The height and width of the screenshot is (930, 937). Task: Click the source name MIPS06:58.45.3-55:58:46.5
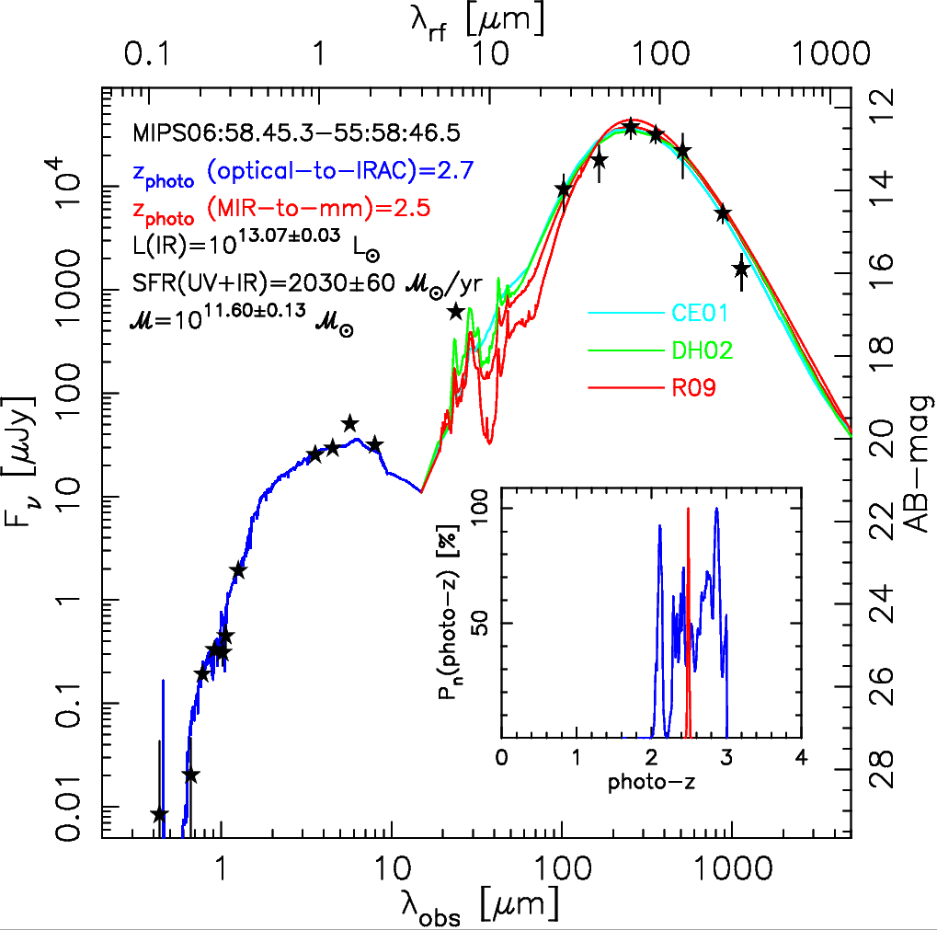click(295, 130)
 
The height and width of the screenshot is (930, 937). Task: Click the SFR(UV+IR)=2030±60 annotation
click(302, 285)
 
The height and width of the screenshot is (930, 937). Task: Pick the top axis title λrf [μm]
click(476, 18)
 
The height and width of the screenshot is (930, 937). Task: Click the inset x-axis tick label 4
click(803, 760)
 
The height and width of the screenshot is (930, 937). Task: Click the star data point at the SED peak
click(630, 127)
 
